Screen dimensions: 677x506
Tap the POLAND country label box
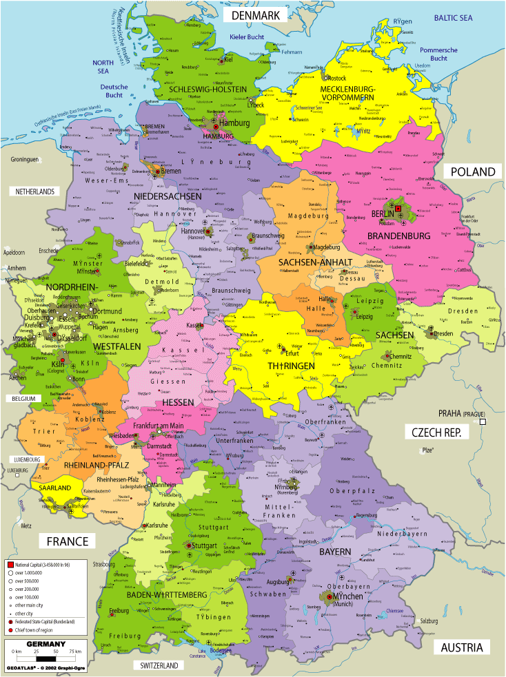tap(473, 171)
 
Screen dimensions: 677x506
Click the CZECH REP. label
tap(436, 433)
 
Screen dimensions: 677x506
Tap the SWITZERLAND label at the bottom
tap(159, 665)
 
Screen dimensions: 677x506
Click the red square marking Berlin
tap(398, 207)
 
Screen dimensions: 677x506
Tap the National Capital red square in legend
tap(11, 563)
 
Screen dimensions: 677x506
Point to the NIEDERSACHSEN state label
tap(168, 196)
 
